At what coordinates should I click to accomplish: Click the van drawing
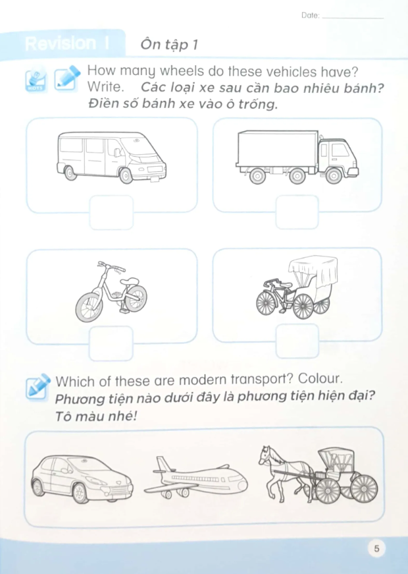coord(111,156)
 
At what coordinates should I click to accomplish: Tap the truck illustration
coord(297,156)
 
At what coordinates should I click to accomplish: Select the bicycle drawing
coord(111,292)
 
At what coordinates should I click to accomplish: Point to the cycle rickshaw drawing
coord(297,287)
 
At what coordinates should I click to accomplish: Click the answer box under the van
coord(111,212)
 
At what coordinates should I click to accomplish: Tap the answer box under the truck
coord(297,212)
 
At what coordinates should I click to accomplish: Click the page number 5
coord(376,549)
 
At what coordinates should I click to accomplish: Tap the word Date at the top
coord(309,15)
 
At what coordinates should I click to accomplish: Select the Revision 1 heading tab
coord(66,43)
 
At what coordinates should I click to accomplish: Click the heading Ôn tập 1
coord(169,44)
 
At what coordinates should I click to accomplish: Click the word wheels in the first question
coord(187,71)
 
